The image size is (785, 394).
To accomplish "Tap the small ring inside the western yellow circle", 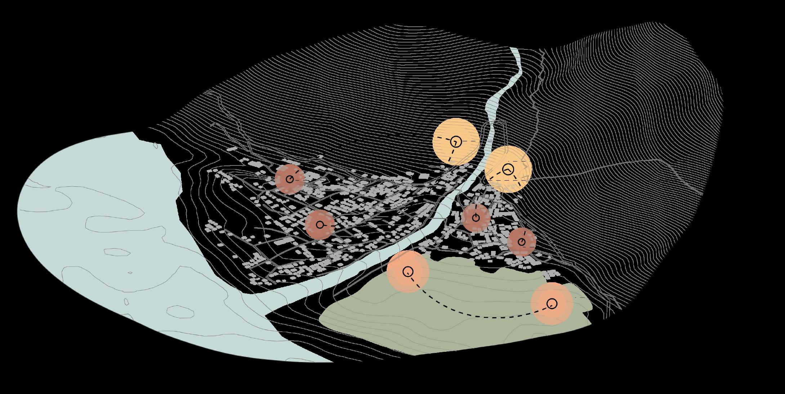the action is coord(456,142).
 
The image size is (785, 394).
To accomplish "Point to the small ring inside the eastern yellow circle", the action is coord(508,169).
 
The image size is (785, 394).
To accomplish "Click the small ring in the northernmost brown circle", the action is coord(290,179).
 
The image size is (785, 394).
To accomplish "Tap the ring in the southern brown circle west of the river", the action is coord(320,225).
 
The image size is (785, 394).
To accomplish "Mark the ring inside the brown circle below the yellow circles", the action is coord(476,218).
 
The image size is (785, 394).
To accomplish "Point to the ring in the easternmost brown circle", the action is coord(522,242).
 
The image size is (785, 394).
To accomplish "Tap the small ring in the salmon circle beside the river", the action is coord(408,271).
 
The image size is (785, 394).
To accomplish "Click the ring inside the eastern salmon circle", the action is coord(552,304).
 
